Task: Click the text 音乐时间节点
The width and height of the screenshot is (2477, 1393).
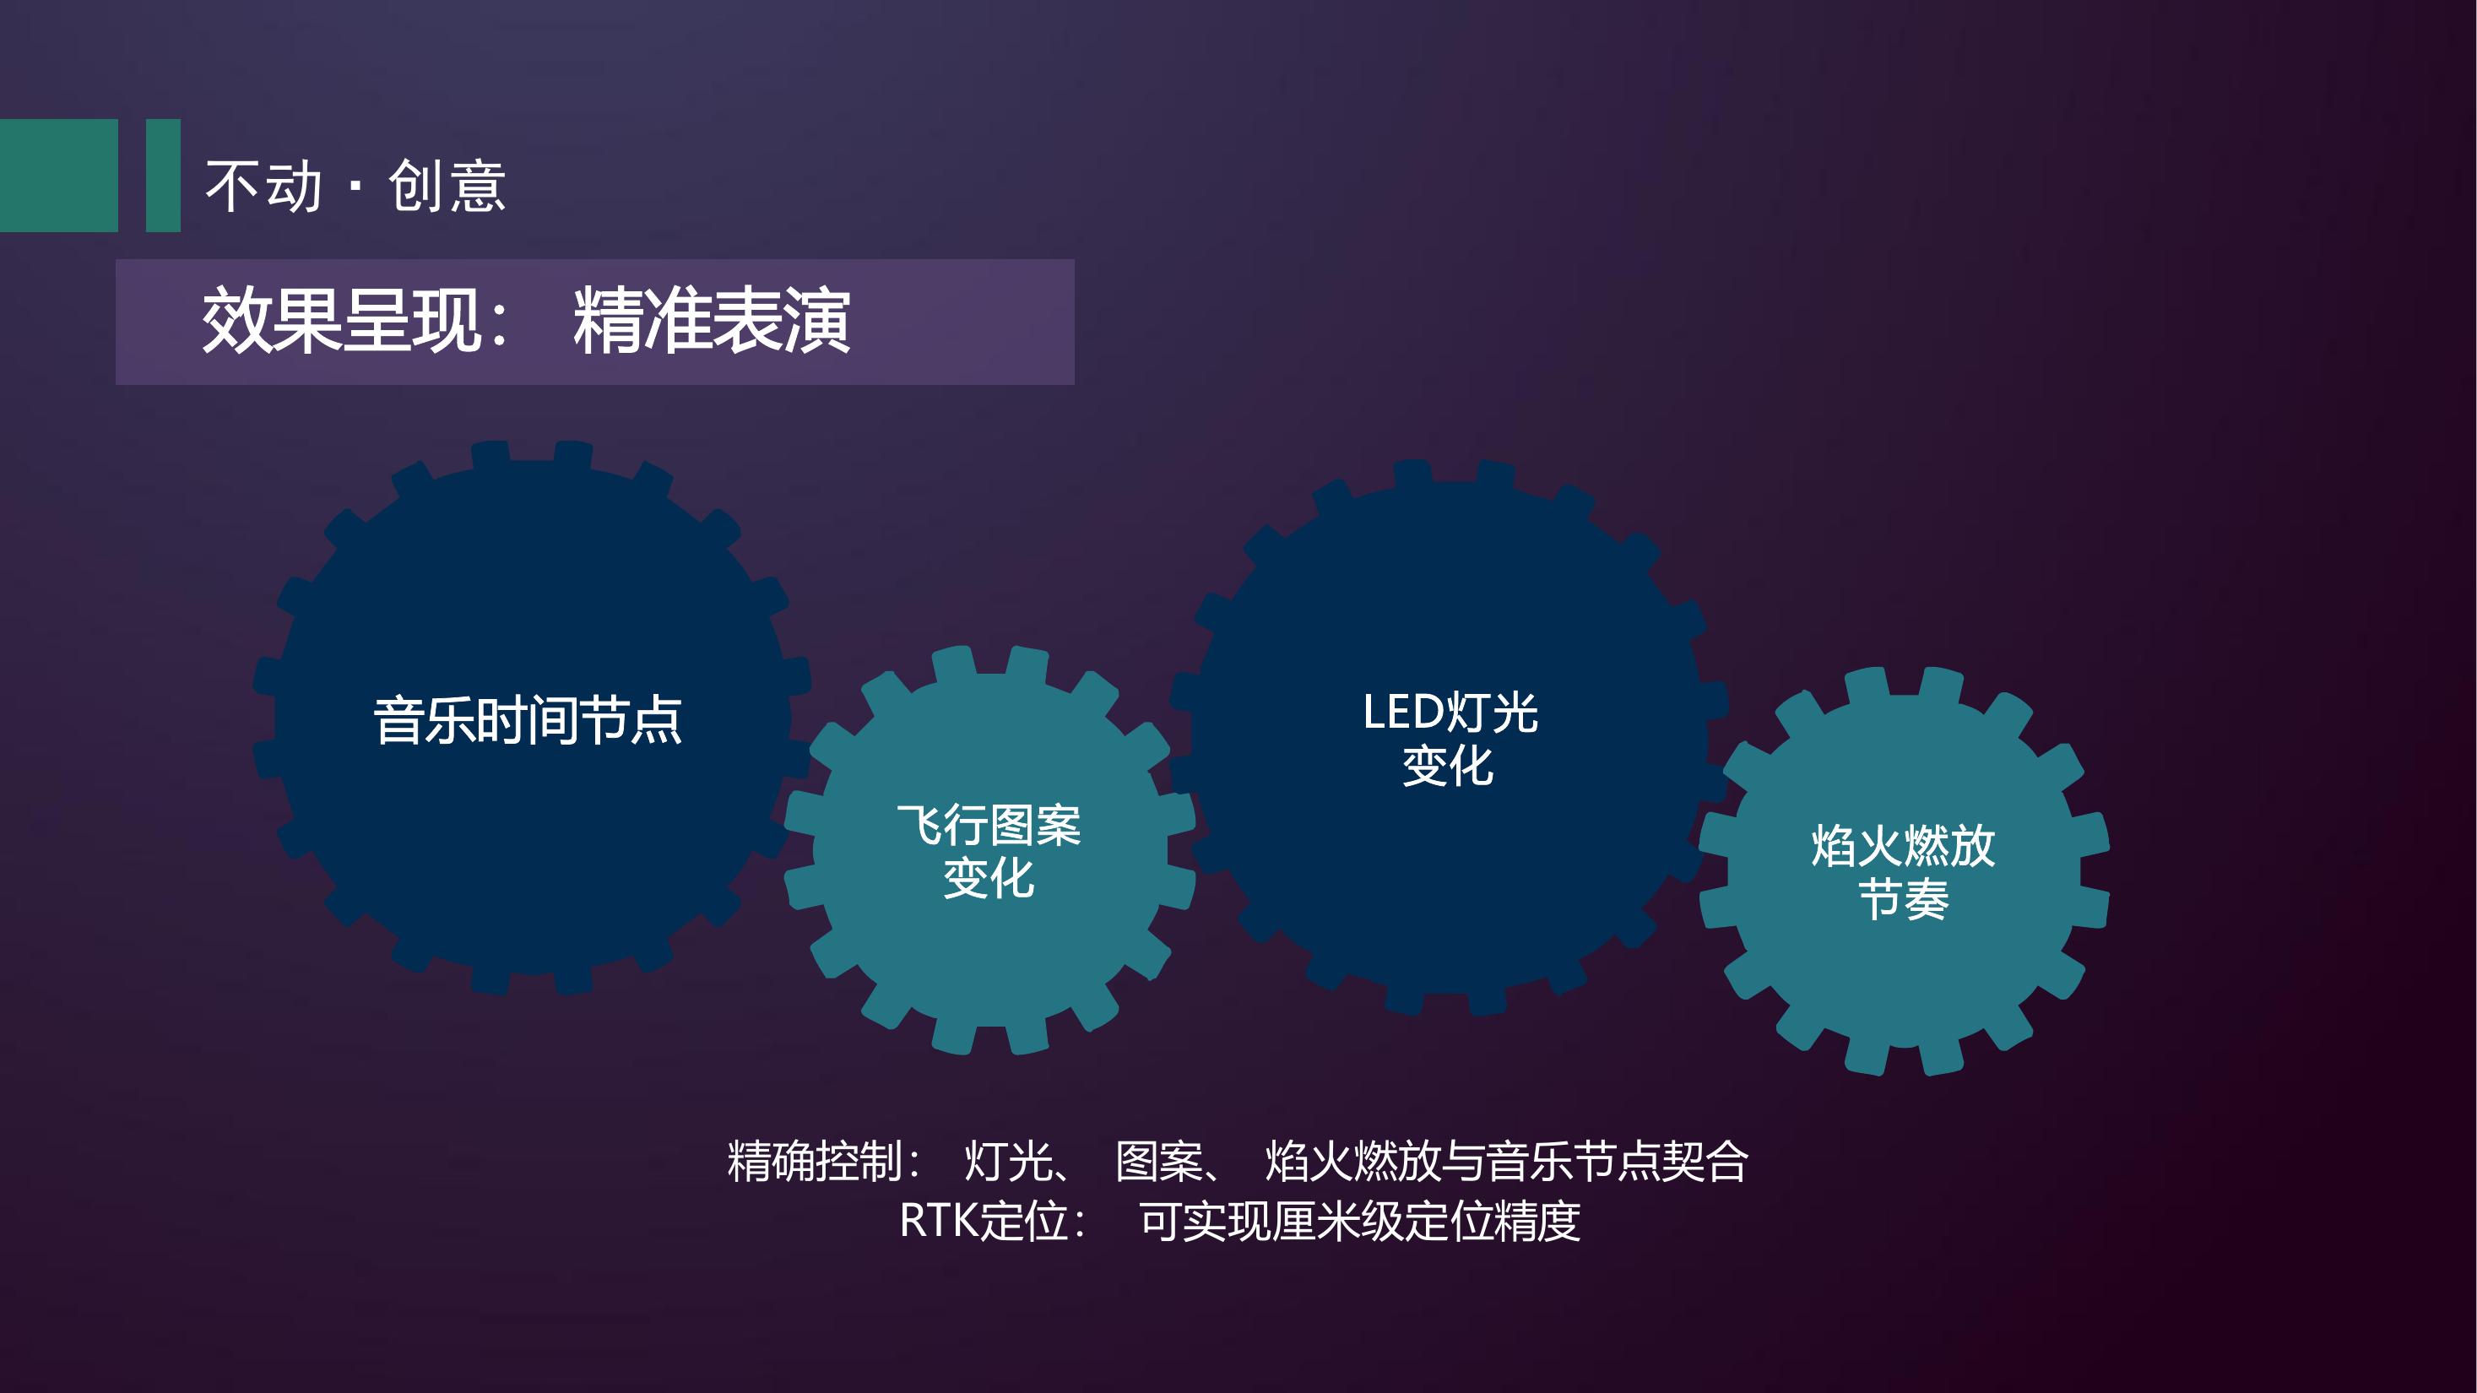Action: tap(528, 720)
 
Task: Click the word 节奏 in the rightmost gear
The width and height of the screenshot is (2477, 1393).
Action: tap(1904, 900)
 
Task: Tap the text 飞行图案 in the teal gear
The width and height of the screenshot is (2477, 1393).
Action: tap(989, 825)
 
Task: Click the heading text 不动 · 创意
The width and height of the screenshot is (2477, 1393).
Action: tap(355, 186)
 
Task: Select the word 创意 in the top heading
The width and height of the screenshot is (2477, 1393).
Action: tap(447, 186)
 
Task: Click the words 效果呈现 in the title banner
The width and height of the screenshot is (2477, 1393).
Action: tap(341, 321)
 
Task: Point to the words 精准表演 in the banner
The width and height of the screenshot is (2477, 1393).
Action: tap(712, 321)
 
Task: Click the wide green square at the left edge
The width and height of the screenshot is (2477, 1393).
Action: tap(58, 175)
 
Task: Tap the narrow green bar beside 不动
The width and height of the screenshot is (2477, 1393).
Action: tap(164, 175)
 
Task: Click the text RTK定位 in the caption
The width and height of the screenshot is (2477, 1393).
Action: tap(984, 1221)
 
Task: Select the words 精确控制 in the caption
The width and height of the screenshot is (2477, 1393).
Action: tap(815, 1162)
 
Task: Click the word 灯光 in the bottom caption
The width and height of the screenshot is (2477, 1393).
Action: tap(1008, 1162)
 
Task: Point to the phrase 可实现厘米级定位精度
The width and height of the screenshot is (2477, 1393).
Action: tap(1360, 1221)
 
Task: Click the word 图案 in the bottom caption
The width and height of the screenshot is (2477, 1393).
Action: tap(1158, 1162)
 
